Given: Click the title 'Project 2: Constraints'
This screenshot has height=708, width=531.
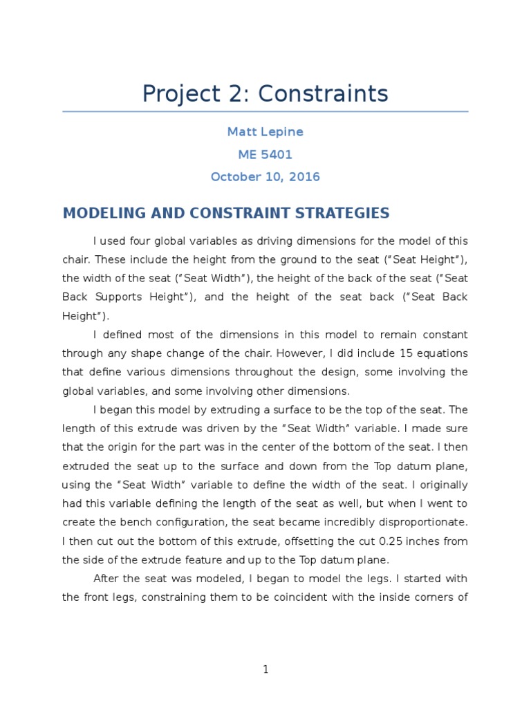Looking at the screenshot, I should (265, 93).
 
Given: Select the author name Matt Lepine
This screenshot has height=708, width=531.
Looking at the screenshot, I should (265, 132).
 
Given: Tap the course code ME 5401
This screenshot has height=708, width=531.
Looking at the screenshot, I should (265, 154).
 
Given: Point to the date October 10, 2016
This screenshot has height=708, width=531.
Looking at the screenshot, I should (265, 176).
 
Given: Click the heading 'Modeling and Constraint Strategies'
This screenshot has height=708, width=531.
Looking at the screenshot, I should (226, 213).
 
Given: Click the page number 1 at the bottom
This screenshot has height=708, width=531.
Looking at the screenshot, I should (265, 669).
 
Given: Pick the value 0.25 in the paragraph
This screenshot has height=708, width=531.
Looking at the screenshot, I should (371, 541).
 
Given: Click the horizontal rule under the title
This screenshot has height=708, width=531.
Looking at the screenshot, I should (265, 111).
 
